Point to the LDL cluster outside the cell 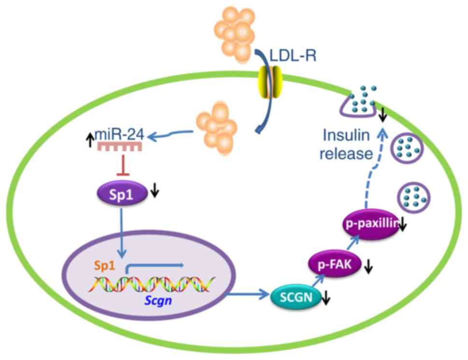coord(237,31)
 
